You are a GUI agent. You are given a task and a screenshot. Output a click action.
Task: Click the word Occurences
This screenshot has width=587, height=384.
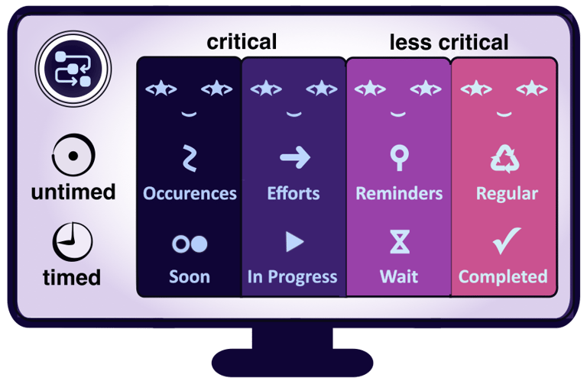190,193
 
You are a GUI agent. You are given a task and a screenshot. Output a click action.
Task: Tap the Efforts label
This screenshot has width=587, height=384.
293,193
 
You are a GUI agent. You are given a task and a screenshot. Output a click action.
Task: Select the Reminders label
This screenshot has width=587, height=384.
398,193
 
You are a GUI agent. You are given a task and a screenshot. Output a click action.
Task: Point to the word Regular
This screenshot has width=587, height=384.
507,193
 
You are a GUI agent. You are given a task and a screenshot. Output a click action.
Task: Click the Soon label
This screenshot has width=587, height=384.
190,276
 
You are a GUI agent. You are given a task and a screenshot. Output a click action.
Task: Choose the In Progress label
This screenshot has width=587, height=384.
293,276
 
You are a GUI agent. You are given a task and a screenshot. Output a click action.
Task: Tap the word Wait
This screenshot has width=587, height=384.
398,276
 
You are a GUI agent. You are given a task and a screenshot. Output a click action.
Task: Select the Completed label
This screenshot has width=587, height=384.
503,276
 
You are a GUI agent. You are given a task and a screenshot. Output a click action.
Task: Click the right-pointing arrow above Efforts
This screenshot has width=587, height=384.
294,158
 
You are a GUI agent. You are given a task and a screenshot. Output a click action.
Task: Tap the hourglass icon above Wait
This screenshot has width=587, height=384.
399,241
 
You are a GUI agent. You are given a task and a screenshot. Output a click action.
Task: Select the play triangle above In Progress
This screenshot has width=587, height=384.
294,242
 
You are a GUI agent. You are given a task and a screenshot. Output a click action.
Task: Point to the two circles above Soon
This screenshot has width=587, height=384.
190,243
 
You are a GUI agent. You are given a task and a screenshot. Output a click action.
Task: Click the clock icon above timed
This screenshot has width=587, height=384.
73,242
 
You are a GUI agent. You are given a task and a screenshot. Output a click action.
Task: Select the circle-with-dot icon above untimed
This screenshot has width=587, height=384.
73,157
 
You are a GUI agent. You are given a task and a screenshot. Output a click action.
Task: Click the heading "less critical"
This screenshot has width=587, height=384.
449,42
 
